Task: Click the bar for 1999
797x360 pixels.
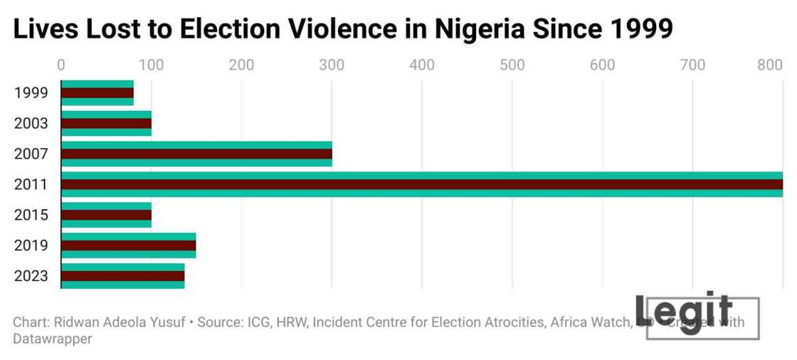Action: click(97, 92)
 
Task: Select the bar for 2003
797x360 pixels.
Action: click(106, 123)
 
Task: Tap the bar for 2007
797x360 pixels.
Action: click(196, 154)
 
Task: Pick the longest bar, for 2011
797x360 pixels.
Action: click(422, 184)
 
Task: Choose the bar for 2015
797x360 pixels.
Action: click(106, 215)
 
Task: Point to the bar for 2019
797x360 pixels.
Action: click(128, 245)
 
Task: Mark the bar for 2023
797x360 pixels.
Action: click(122, 276)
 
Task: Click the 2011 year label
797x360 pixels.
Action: click(31, 185)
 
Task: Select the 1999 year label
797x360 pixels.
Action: click(31, 93)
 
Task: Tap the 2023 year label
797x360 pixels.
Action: click(31, 277)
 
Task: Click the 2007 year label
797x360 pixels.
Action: click(31, 154)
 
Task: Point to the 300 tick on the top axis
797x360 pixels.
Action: click(332, 65)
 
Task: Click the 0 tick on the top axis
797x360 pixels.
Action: click(61, 65)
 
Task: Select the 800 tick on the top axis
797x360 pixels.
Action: click(770, 65)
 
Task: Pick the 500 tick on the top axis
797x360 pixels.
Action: click(512, 65)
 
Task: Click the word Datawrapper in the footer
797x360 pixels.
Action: click(53, 339)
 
